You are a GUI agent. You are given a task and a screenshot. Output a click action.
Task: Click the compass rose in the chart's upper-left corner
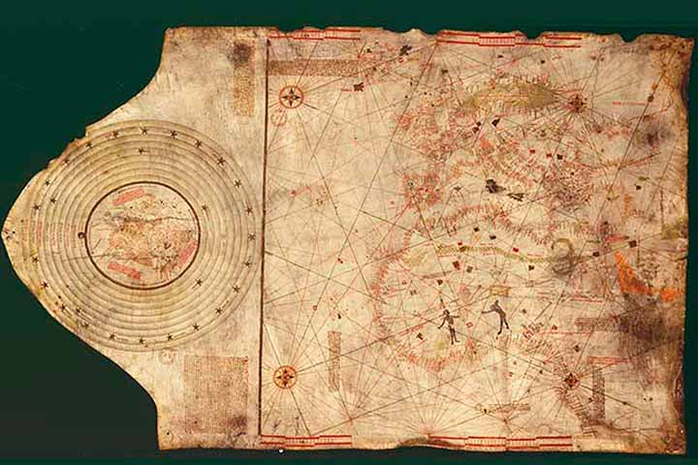pos(291,96)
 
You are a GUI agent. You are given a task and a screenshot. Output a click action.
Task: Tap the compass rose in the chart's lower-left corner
pos(285,376)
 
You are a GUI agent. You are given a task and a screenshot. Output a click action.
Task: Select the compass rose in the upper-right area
pos(576,103)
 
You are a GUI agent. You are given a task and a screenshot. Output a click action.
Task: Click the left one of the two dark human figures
pos(448,325)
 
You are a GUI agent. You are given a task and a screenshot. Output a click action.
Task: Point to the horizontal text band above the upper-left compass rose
pos(301,67)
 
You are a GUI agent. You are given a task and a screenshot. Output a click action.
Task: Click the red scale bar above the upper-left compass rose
pos(301,36)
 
